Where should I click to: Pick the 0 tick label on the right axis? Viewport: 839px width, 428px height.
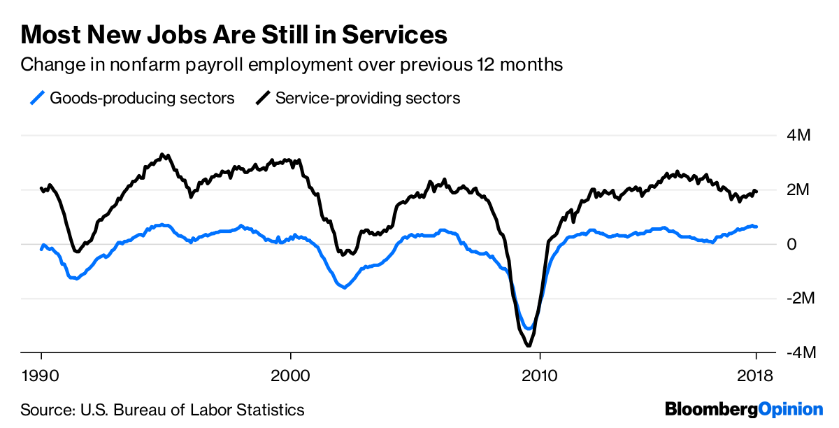pos(791,244)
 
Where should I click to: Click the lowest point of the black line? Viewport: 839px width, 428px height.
pos(529,345)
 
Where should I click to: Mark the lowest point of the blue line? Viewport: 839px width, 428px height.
pos(529,328)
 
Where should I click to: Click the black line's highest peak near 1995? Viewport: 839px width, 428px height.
pos(162,155)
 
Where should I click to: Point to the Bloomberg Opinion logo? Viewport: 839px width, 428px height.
pos(743,409)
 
